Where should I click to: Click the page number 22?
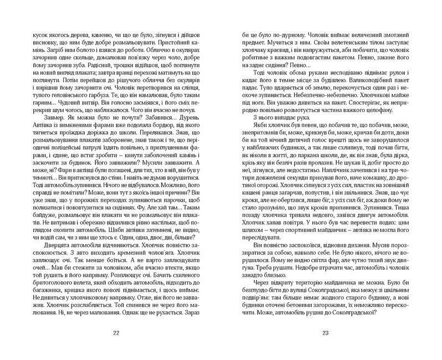point(115,332)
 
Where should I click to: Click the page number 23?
point(325,332)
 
